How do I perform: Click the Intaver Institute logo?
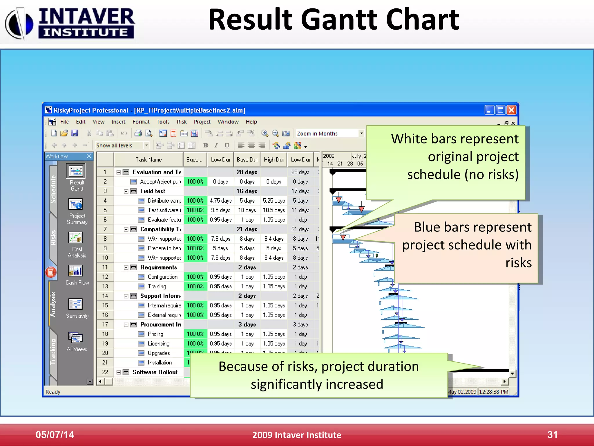(x=70, y=23)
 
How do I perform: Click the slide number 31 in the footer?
(x=552, y=435)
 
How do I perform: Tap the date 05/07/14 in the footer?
(x=55, y=435)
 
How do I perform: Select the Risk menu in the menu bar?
(x=182, y=122)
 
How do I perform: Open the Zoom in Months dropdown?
(x=361, y=133)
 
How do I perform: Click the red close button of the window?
(x=511, y=110)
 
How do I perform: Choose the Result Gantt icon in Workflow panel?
(x=76, y=171)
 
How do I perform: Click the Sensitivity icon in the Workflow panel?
(x=76, y=304)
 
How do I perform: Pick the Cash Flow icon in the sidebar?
(x=76, y=271)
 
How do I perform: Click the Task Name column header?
(x=148, y=160)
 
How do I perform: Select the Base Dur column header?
(x=247, y=160)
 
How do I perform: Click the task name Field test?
(x=153, y=191)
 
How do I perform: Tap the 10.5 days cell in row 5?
(x=274, y=210)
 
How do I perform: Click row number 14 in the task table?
(x=105, y=296)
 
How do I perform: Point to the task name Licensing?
(x=158, y=344)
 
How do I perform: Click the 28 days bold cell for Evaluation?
(x=247, y=172)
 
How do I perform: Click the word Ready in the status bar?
(x=53, y=392)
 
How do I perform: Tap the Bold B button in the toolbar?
(x=205, y=145)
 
